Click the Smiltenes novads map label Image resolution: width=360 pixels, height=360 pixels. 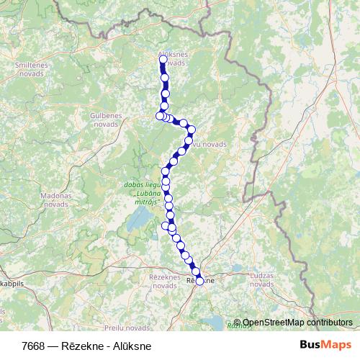[x=31, y=68]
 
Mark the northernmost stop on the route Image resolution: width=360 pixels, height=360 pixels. [x=162, y=60]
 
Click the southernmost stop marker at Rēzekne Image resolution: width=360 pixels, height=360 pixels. [x=199, y=281]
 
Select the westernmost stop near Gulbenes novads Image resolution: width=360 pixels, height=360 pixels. [x=160, y=115]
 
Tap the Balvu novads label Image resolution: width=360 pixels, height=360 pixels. [x=209, y=144]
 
